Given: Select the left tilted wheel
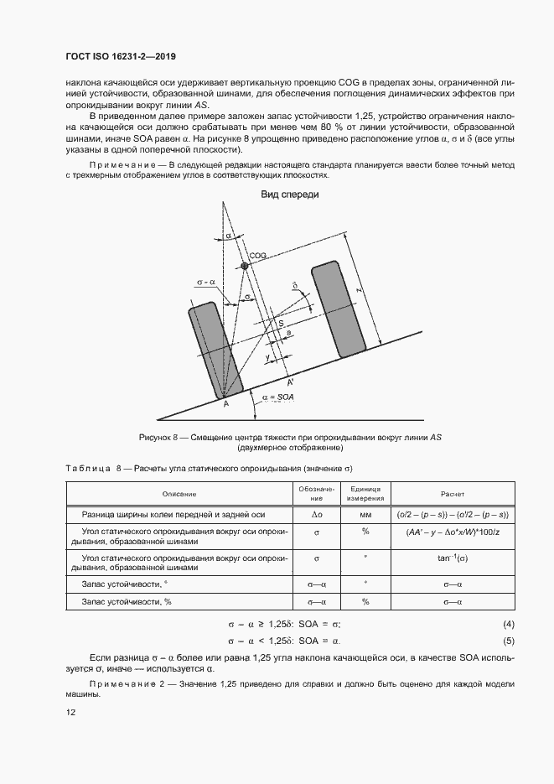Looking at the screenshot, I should [215, 350].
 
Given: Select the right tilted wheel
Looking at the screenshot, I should [339, 310].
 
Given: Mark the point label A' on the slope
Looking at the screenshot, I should [291, 382].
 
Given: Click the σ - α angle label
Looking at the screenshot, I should [205, 283].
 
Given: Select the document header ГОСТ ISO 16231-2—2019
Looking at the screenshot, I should [122, 57].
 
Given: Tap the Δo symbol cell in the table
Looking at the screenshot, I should [317, 513].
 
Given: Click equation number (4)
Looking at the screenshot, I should [507, 624].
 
